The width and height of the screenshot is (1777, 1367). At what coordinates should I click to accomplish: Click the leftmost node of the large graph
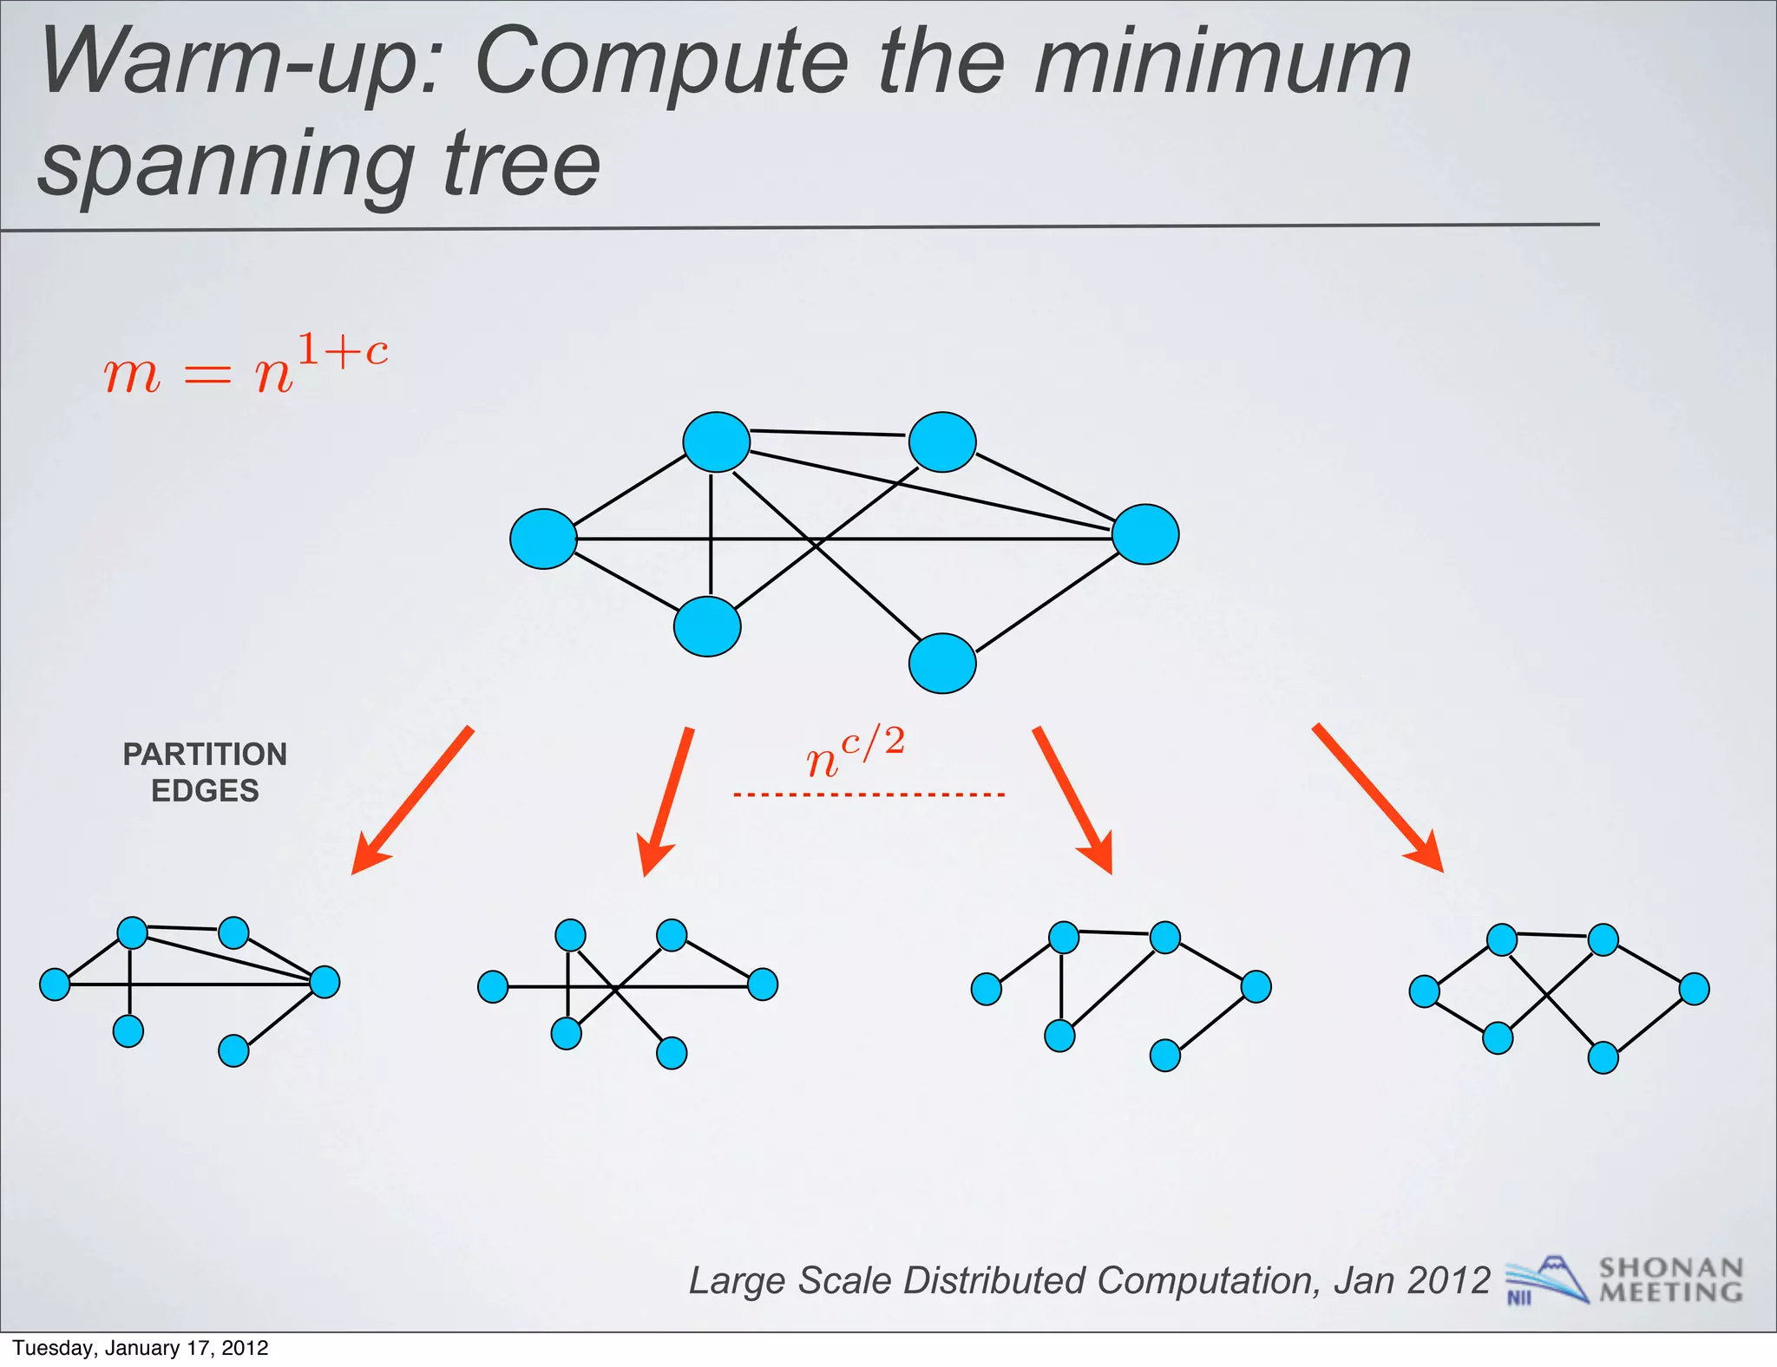(543, 539)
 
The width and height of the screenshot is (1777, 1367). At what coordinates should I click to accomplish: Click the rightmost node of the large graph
(1145, 534)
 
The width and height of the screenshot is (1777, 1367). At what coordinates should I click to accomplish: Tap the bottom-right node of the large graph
(942, 664)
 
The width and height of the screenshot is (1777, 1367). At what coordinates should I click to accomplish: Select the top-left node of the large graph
(716, 442)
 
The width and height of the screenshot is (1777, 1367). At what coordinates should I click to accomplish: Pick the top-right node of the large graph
(942, 442)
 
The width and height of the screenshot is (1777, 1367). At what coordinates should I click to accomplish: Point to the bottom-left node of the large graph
(707, 626)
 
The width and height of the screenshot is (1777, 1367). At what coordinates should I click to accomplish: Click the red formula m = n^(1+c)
(246, 365)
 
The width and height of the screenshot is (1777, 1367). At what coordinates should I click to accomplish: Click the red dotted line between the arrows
(869, 795)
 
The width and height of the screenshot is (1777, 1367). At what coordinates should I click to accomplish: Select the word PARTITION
(205, 755)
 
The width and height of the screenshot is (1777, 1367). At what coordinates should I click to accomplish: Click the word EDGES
(205, 791)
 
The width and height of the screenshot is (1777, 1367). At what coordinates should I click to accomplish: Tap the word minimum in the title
(1222, 62)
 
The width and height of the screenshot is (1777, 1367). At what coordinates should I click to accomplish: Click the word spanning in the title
(226, 163)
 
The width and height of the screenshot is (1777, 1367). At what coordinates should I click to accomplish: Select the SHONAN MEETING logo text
(1670, 1280)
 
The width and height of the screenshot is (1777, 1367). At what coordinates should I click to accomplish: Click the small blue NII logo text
(1519, 1298)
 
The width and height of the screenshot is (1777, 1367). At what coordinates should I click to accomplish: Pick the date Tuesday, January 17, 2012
(141, 1348)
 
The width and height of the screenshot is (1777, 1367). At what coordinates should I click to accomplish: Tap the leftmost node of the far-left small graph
(55, 984)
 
